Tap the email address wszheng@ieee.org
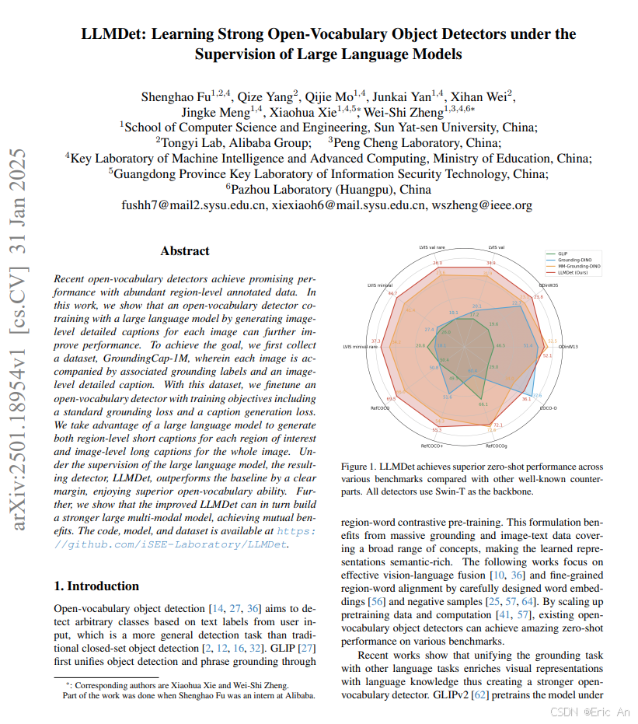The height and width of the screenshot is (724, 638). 481,205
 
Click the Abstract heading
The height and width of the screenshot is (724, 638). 185,251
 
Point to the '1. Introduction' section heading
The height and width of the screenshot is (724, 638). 96,586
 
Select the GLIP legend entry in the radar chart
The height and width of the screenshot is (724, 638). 562,254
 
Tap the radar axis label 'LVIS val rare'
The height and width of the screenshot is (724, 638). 429,247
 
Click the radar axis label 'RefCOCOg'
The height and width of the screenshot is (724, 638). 497,446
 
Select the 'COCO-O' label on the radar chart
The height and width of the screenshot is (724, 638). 547,407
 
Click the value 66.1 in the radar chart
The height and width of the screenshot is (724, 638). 483,404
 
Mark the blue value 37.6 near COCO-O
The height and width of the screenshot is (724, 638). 536,394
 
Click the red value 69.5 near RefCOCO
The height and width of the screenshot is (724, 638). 391,399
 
